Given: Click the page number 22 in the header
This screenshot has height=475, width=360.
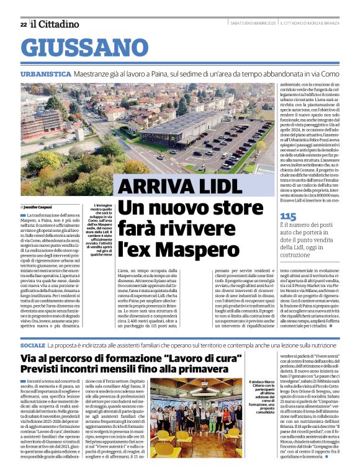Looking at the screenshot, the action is click(23, 24).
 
